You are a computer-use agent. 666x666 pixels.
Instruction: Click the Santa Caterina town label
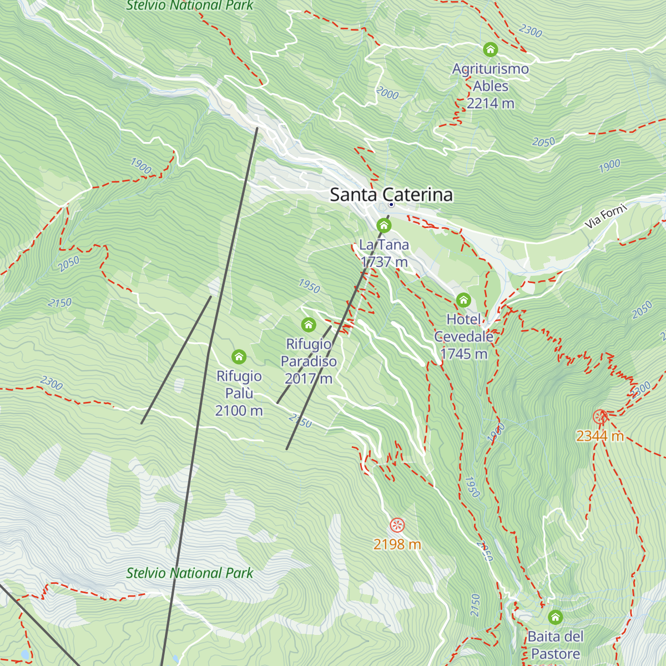coord(391,195)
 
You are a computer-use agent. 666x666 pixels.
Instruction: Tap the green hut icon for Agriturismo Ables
coord(490,49)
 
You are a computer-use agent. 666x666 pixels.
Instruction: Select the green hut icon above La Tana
coord(384,225)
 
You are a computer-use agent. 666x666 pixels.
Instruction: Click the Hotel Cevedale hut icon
coord(463,300)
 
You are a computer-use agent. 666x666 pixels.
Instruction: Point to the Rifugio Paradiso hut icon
coord(309,325)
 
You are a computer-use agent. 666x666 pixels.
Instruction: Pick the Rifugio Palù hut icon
coord(239,356)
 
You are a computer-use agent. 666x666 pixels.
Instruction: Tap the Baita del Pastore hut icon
coord(555,617)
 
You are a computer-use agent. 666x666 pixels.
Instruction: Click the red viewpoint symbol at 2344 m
coord(599,416)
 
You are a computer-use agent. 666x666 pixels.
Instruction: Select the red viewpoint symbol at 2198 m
coord(397,524)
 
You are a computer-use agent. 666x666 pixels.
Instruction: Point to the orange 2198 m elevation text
coord(397,544)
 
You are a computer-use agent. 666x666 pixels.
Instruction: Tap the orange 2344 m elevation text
coord(600,436)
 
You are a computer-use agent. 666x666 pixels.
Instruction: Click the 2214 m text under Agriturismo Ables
coord(491,103)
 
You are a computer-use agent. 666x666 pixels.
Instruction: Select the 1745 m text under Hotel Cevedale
coord(463,354)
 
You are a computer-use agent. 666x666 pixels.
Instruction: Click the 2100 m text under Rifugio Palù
coord(239,411)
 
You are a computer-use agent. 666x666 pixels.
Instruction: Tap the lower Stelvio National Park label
coord(190,573)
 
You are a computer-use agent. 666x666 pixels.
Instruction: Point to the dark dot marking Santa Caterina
coord(391,205)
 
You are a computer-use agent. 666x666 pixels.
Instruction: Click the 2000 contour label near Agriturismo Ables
coord(387,93)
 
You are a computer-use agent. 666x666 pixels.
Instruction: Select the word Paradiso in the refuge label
coord(309,361)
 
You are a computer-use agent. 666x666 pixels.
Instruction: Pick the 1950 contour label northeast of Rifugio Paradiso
coord(309,286)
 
